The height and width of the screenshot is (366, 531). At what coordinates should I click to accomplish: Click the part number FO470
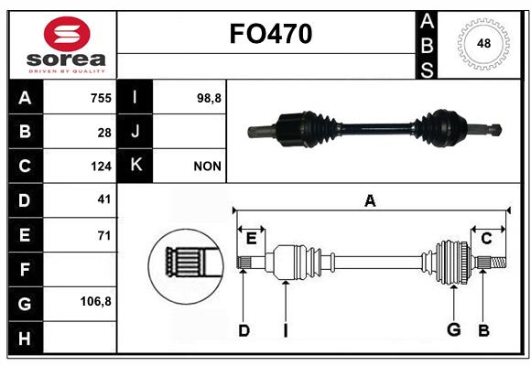coord(271,34)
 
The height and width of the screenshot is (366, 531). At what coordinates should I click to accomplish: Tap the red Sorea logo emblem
coord(67,34)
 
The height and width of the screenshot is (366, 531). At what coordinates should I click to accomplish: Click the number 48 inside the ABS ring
coord(483,43)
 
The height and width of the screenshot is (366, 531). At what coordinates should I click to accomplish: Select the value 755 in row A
coord(101,98)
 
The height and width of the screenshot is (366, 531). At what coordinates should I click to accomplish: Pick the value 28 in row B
coord(104,133)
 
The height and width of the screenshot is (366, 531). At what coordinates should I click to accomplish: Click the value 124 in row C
coord(101,167)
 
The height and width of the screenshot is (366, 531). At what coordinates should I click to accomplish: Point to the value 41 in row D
coord(104,199)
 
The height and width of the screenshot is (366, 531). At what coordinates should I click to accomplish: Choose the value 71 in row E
coord(104,235)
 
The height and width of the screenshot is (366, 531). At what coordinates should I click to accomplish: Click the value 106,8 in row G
coord(96,301)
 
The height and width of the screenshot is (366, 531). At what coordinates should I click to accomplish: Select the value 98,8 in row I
coord(209,99)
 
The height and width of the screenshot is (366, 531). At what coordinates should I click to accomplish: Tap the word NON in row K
coord(207,167)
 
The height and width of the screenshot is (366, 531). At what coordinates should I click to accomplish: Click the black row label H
coord(25,339)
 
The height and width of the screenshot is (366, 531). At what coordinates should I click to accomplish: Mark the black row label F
coord(25,269)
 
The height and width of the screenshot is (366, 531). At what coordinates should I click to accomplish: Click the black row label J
coord(135,131)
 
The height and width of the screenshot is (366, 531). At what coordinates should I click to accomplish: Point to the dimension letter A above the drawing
coord(370,200)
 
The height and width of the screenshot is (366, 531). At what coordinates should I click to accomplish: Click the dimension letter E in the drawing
coord(251,239)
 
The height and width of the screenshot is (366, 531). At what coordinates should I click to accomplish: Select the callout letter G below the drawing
coord(454,329)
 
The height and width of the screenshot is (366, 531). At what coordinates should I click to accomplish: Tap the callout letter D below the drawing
coord(244,330)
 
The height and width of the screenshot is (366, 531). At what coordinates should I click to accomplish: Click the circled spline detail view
coord(186,266)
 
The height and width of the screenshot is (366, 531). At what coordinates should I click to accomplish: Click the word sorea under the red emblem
coord(66,59)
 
